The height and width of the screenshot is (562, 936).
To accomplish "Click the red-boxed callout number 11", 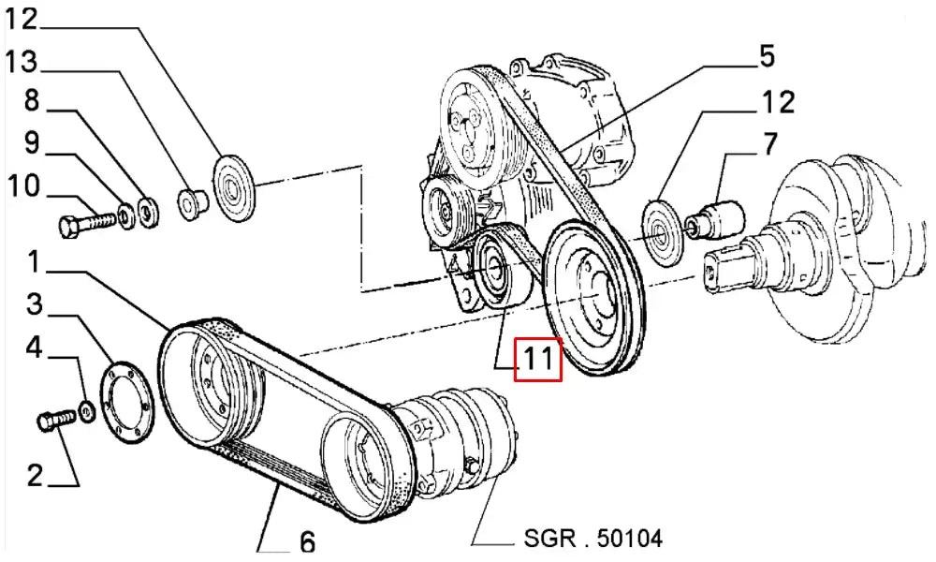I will (539, 360).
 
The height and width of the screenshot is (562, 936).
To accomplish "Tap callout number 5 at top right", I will (767, 56).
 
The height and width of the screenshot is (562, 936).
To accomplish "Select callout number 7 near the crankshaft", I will (769, 145).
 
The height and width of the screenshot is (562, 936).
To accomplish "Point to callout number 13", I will (22, 63).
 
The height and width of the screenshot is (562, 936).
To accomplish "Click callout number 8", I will (31, 100).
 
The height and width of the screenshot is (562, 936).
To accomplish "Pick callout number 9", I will (31, 143).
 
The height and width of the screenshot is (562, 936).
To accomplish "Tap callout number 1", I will (33, 262).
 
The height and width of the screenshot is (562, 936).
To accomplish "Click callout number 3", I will (35, 304).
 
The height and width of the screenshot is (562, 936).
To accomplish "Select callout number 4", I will (35, 348).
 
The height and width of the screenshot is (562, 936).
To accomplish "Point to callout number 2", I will (34, 476).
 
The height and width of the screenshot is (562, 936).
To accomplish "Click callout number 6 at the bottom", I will (306, 541).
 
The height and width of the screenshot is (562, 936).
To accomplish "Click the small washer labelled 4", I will (87, 411).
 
